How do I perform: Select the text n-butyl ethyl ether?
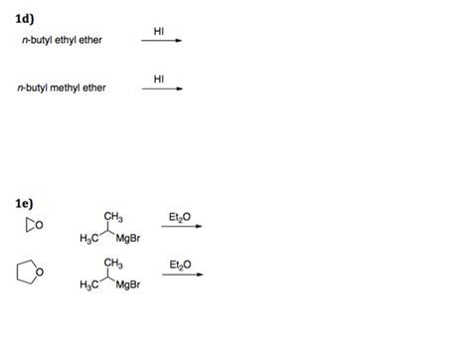[63, 40]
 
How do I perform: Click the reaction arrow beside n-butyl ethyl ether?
[162, 42]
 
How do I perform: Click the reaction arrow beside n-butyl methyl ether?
[162, 89]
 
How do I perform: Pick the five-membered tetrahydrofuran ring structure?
[28, 270]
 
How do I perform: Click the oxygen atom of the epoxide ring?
[36, 225]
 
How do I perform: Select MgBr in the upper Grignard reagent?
[130, 238]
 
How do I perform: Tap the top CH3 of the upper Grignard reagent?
[112, 217]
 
